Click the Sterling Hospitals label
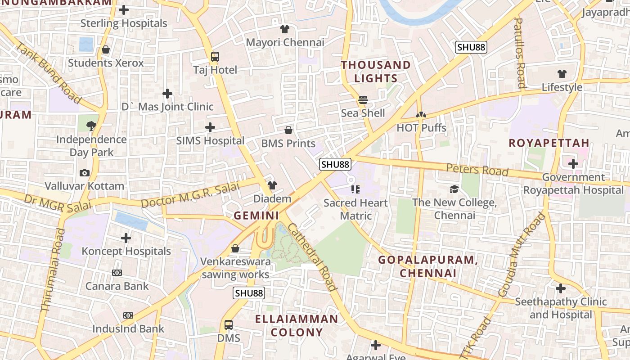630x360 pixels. point(123,23)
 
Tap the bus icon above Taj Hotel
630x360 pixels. point(215,57)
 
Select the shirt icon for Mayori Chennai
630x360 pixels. point(284,30)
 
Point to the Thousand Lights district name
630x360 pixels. point(376,72)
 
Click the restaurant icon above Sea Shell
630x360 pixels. point(363,99)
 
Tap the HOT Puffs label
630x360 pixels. point(421,128)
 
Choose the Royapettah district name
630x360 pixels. point(549,143)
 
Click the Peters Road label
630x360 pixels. point(477,170)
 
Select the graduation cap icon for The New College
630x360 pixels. point(454,189)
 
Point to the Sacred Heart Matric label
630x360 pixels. point(355,209)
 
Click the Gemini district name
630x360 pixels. point(256,216)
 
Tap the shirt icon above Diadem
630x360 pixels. point(272,185)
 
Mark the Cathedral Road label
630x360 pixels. point(312,256)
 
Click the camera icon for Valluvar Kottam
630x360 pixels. point(84,173)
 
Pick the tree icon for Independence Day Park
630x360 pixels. point(91,126)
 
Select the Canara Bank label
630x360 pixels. point(117,286)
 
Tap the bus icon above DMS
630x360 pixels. point(229,324)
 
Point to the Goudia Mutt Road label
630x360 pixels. point(522,254)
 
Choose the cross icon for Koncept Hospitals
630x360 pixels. point(126,238)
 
